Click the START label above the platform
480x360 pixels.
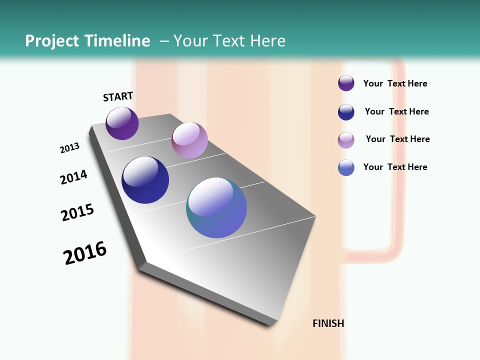(118, 96)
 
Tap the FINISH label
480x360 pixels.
(328, 323)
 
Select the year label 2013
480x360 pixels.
(69, 148)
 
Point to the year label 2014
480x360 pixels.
(73, 177)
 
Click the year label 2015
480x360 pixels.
(77, 212)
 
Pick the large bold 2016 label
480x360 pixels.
(85, 253)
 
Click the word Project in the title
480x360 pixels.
(52, 41)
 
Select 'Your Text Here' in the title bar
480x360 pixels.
(229, 41)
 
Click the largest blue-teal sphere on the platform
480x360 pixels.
(216, 207)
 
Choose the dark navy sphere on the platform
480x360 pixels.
(145, 180)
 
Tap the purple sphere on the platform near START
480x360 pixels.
(122, 123)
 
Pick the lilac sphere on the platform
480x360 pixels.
(189, 139)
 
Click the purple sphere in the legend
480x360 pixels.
(346, 83)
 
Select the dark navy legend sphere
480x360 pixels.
(346, 112)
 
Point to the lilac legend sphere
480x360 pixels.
(346, 140)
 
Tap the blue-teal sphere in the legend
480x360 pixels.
(346, 167)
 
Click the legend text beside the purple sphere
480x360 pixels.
(395, 83)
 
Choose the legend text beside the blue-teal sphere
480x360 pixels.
(395, 167)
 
